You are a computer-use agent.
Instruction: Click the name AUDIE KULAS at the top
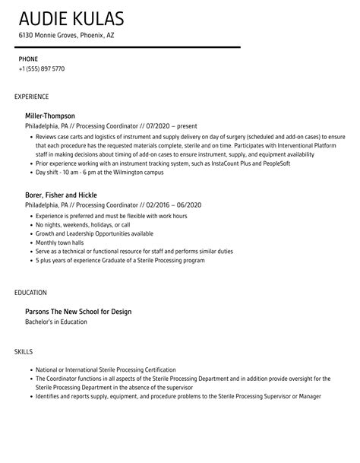(x=71, y=18)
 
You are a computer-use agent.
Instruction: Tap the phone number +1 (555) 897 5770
(x=42, y=69)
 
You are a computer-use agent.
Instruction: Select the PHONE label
(x=28, y=59)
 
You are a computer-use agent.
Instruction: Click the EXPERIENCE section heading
(x=32, y=97)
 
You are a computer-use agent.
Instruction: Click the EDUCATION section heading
(x=31, y=292)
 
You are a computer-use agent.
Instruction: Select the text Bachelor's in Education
(x=56, y=322)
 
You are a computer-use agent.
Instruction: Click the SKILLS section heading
(x=25, y=351)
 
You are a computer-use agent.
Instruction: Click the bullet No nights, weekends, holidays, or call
(x=83, y=226)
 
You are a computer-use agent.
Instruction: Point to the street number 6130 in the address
(x=27, y=36)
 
